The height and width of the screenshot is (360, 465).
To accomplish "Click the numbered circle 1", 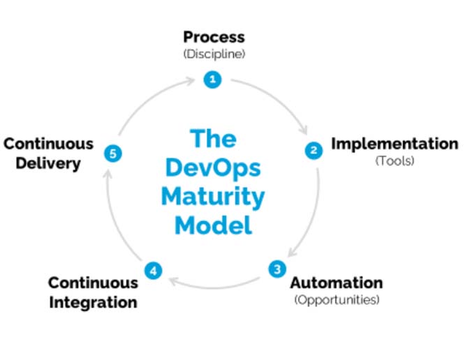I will pos(213,80).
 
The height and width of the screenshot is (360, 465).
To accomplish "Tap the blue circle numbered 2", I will pos(313,150).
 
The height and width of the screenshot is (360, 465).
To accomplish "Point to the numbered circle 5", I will pos(113,152).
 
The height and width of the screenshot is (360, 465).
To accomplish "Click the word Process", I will pos(214,36).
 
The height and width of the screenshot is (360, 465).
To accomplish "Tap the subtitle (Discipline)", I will pos(214,53).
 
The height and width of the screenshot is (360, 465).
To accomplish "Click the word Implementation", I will pos(394,144).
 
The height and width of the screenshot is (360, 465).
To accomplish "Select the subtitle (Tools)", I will pos(394,161).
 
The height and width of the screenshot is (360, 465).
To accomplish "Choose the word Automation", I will pos(337,283).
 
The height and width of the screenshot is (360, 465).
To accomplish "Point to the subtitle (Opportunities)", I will pos(337,300).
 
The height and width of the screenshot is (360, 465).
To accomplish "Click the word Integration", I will pos(93,303).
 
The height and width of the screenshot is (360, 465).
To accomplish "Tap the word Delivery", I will pos(41,165).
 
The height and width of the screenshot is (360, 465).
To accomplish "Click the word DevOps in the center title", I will pos(213,168).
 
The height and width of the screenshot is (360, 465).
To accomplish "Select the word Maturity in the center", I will pos(213,197).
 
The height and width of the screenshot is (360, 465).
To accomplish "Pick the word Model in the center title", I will pos(213,226).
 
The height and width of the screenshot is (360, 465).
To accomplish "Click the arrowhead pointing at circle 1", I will pos(199,82).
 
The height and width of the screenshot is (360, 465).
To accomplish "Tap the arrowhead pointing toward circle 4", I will pos(171,280).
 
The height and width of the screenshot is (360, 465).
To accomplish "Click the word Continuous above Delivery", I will pos(48,144).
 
